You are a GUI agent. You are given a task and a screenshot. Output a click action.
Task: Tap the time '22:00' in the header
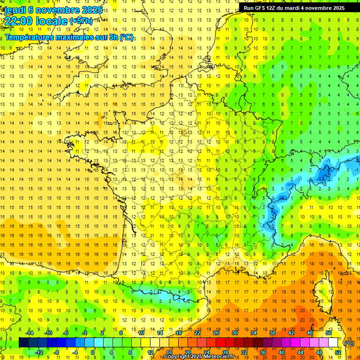pos(18,21)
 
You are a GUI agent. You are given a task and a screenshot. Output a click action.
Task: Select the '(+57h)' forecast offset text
pos(81,21)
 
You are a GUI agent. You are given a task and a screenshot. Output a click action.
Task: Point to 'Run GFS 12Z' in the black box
pos(261,7)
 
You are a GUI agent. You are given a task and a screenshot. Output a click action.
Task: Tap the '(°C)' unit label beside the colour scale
pos(349,343)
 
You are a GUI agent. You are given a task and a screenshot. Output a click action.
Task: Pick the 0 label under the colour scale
pos(93,352)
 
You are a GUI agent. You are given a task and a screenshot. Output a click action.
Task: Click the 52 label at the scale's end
pos(338,352)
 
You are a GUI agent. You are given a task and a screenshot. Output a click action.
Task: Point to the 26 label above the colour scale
pos(216,333)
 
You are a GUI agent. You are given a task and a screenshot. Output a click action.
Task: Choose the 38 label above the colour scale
pos(272,333)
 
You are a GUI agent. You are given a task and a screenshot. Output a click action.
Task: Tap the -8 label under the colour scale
pos(57,352)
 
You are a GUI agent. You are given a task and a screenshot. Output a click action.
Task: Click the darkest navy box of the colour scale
pos(23,343)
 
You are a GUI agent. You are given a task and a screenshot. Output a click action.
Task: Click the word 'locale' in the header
pos(52,21)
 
